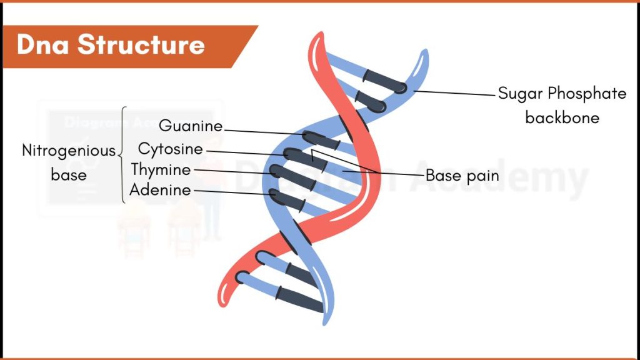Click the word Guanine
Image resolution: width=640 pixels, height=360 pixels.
tap(191, 126)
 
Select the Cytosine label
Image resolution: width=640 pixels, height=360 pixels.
tap(171, 149)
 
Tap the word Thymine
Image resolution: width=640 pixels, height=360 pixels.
tap(161, 169)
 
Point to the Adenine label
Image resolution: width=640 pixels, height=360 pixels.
tap(160, 190)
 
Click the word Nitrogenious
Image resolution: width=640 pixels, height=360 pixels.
tap(69, 151)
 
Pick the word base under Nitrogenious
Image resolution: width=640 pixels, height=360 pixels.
tap(69, 175)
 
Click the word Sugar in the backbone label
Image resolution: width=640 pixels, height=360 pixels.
tap(519, 94)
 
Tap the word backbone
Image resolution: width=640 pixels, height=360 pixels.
tap(562, 117)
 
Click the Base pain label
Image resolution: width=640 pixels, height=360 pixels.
tap(462, 176)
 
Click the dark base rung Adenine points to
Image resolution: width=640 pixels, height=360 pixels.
tap(288, 198)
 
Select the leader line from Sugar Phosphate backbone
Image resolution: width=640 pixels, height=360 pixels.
tap(453, 92)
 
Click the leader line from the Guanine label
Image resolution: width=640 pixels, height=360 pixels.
tap(262, 131)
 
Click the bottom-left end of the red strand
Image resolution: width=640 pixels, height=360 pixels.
tap(225, 294)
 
